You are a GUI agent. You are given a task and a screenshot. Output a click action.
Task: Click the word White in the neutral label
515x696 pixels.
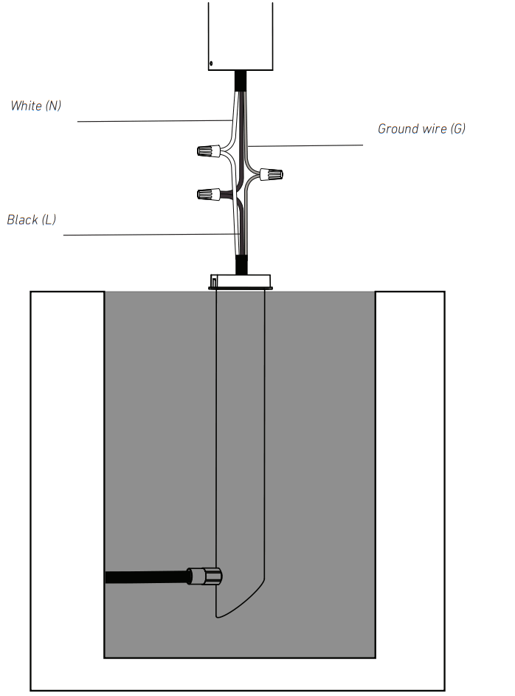tap(26, 106)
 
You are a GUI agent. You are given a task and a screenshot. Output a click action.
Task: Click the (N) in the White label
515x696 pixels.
tap(52, 106)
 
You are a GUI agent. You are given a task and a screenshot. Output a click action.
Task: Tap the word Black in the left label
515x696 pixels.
tap(23, 220)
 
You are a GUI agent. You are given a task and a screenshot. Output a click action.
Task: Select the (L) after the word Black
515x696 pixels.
tap(49, 220)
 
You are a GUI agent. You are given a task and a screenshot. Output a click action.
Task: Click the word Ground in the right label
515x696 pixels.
tap(398, 129)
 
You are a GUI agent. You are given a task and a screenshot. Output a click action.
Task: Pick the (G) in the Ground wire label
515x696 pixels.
tap(457, 129)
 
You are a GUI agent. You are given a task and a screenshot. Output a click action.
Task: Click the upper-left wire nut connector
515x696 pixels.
tap(208, 151)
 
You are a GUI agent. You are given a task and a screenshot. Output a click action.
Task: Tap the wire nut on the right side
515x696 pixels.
tap(272, 175)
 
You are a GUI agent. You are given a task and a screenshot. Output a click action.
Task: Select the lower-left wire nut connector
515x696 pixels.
tap(208, 195)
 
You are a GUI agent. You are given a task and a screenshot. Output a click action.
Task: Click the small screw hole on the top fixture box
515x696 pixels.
tap(212, 63)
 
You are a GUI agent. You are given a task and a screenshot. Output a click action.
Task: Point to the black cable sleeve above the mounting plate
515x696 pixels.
tap(241, 263)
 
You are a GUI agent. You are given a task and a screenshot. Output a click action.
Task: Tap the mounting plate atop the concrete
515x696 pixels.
tap(241, 280)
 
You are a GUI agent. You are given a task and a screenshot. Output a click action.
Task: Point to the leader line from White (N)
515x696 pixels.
tap(148, 121)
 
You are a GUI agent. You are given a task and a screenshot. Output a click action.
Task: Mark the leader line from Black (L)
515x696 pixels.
tap(148, 235)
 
